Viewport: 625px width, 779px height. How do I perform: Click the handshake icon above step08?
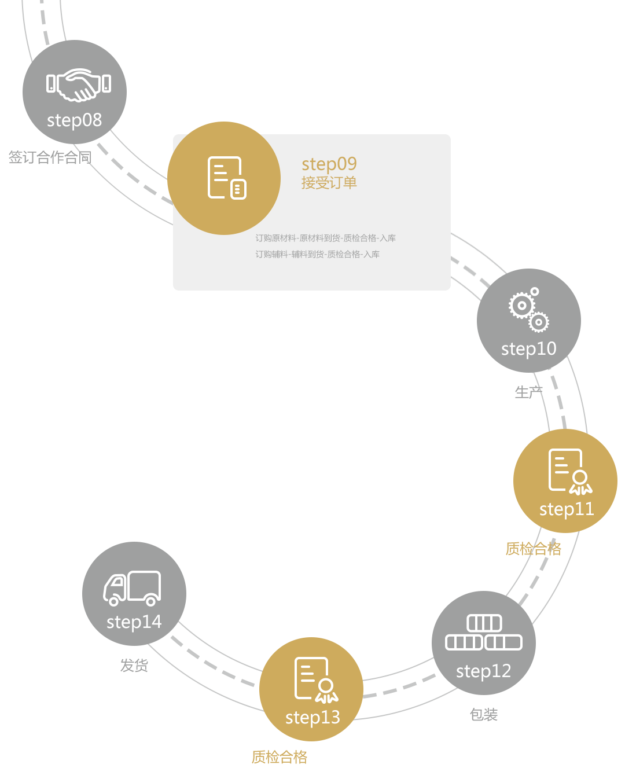[79, 84]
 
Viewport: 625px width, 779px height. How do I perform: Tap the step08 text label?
[74, 120]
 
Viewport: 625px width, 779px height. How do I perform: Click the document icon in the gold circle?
[226, 178]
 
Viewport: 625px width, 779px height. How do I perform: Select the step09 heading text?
[329, 164]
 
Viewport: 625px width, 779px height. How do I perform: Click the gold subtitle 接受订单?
[329, 183]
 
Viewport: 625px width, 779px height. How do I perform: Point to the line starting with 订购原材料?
[325, 238]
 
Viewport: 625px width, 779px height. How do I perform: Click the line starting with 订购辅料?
[317, 255]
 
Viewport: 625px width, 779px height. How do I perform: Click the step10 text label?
[528, 349]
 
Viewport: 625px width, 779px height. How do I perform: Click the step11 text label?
[566, 509]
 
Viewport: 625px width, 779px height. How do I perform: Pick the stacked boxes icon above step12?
[484, 633]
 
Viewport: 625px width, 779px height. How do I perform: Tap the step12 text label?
[483, 671]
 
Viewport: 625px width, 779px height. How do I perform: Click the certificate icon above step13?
[316, 679]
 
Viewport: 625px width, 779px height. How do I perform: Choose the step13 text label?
[312, 718]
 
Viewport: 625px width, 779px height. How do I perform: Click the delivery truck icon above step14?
[133, 588]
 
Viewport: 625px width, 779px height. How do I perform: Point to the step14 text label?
[134, 622]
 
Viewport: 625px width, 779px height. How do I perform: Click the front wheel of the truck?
[114, 601]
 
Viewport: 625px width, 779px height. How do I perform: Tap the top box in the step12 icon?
[484, 623]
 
